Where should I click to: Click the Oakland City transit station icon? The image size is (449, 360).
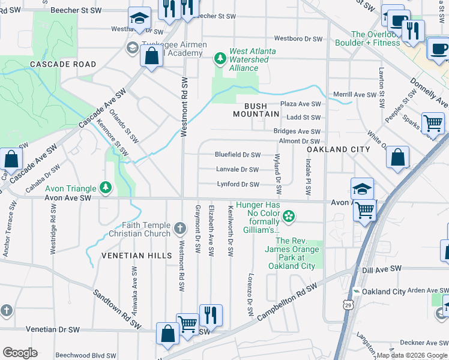click(357, 292)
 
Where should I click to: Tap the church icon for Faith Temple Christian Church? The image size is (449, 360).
click(180, 227)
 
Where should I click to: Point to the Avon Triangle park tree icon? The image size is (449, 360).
click(106, 188)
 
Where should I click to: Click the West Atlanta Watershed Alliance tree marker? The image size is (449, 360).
click(220, 58)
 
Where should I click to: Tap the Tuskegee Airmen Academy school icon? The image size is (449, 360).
click(131, 47)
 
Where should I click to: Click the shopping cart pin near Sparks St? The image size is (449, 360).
click(433, 124)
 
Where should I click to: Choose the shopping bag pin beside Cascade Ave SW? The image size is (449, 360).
click(11, 160)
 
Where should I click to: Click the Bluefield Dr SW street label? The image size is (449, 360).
click(238, 155)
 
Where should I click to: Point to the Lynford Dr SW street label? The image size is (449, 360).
click(238, 185)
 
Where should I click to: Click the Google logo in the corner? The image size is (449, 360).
click(20, 352)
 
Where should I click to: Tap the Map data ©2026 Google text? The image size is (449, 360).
click(411, 355)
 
